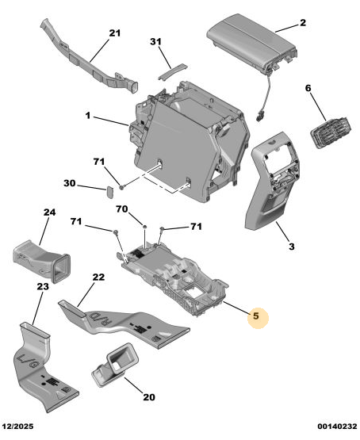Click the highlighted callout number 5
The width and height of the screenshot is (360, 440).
[x=256, y=316]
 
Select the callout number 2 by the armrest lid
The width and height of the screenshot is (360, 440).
[x=303, y=22]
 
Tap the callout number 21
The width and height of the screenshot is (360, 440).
[x=114, y=33]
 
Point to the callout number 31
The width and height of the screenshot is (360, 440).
[x=155, y=41]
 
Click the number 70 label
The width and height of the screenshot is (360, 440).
[x=122, y=209]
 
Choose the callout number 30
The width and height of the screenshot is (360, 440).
[x=70, y=183]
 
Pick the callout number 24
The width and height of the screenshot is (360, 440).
[x=49, y=212]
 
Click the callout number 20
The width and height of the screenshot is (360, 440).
[x=149, y=397]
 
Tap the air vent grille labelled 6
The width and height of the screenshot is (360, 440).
[x=331, y=132]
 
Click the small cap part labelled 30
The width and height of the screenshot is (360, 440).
[x=109, y=192]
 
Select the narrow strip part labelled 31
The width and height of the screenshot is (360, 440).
[x=173, y=71]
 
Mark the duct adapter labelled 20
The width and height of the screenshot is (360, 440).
[x=116, y=364]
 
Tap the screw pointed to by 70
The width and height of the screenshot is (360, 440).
[x=145, y=226]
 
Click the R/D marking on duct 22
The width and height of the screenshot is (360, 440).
[x=101, y=319]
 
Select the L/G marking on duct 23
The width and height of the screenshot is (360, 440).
[x=29, y=362]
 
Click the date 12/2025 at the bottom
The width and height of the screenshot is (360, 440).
[x=18, y=427]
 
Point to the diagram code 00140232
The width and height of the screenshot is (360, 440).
[x=338, y=427]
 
